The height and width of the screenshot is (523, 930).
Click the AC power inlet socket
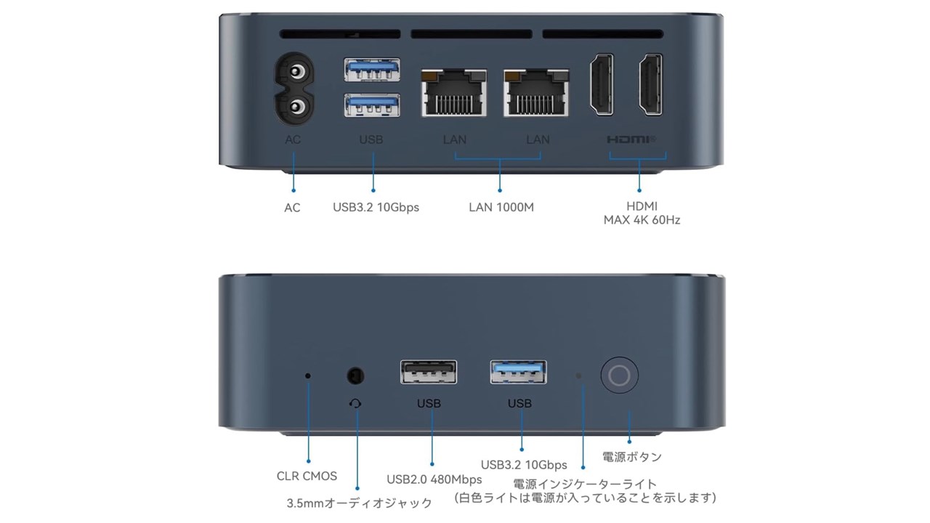294,89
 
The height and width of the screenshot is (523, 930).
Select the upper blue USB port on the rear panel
372,69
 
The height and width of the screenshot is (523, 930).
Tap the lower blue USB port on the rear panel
372,105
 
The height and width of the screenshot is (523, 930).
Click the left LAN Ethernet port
454,93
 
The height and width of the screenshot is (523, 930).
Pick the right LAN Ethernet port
536,93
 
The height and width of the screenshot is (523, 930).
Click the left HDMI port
602,85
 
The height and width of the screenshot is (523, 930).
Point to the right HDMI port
650,85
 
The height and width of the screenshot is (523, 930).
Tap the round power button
619,376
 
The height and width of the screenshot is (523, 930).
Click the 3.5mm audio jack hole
355,376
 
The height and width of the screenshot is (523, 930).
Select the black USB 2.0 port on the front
429,372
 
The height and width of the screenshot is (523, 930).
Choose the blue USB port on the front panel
518,372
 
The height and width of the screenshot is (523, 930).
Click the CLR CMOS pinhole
307,376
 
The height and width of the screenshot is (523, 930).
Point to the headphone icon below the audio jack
355,403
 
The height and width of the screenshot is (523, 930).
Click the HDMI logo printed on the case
631,139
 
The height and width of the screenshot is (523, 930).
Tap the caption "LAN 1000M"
501,207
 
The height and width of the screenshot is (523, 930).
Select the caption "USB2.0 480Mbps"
434,479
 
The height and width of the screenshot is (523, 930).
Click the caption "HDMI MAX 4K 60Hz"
642,213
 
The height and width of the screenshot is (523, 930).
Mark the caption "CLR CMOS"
307,476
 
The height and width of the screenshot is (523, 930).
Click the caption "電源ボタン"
632,457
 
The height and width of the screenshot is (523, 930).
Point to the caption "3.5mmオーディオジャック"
359,503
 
